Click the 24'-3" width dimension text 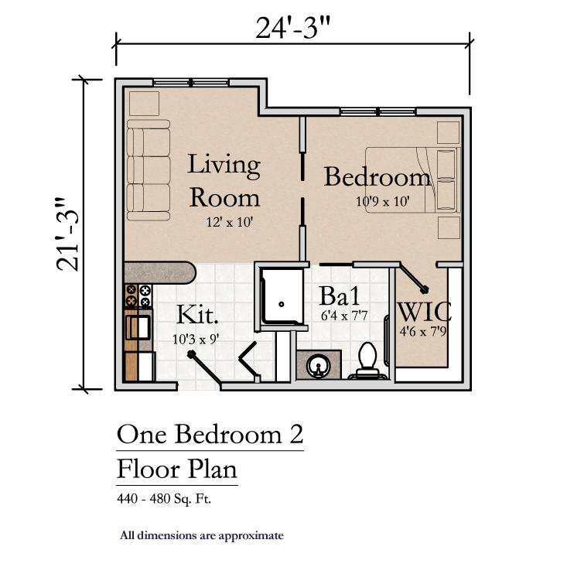pos(293,28)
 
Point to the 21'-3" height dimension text pos(67,234)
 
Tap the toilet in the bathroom pos(367,360)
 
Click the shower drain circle pos(282,304)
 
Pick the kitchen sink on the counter pos(138,327)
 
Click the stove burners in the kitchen pos(138,295)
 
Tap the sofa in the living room pos(149,170)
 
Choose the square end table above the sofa pos(145,104)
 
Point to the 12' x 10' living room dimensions pos(229,222)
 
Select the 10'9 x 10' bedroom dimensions pos(383,201)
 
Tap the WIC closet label pos(424,312)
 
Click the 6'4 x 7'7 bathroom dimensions pos(344,316)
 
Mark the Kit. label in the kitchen pos(197,315)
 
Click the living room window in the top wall pos(191,83)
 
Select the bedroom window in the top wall pos(378,111)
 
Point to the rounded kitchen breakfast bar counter pos(160,272)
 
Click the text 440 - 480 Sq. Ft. pos(164,499)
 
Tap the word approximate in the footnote pos(251,535)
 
